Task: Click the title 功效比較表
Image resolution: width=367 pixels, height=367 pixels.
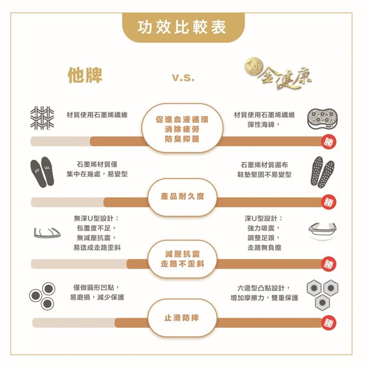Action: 182,27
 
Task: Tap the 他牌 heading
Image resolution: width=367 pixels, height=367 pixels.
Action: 85,75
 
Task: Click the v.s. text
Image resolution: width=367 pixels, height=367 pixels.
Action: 183,77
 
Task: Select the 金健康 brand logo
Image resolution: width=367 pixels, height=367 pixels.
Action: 278,74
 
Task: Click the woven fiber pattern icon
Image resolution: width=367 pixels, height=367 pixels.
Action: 42,118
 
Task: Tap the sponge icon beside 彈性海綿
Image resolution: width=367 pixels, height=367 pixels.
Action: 322,119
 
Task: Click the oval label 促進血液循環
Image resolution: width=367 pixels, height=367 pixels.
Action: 182,129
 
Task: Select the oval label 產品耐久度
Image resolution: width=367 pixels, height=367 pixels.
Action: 182,196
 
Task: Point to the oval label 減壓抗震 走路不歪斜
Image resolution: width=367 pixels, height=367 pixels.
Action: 182,259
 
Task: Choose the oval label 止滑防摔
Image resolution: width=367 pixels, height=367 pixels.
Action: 182,318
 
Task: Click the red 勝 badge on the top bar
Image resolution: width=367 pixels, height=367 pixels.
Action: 329,142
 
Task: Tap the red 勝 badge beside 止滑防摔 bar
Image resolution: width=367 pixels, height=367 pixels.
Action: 329,323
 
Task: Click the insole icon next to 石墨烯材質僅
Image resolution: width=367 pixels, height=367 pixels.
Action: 42,172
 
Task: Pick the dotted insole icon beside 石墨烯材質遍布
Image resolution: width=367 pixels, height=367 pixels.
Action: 322,172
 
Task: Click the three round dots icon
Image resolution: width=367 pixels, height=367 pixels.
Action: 42,296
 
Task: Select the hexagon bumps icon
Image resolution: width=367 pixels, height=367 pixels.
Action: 322,295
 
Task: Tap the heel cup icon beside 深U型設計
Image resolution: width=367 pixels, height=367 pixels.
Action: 322,231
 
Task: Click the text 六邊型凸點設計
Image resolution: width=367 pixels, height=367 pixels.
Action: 261,287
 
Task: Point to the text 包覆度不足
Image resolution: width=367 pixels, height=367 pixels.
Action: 94,228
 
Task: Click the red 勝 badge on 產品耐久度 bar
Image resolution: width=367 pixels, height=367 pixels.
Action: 329,202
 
